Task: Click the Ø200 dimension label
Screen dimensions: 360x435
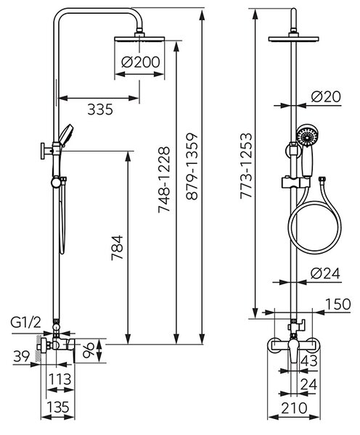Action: [x=141, y=62]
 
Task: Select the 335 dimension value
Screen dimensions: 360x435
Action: [x=100, y=109]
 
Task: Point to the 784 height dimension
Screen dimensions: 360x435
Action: [x=118, y=248]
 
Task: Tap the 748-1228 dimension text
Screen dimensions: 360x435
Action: [x=163, y=180]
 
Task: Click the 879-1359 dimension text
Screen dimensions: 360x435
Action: [x=192, y=167]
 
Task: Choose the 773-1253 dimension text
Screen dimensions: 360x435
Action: [x=246, y=166]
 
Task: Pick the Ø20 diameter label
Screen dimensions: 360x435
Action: [x=326, y=96]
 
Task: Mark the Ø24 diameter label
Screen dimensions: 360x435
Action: [x=325, y=273]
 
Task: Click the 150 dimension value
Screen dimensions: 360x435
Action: [x=337, y=304]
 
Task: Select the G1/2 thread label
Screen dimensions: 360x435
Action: [x=26, y=323]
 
